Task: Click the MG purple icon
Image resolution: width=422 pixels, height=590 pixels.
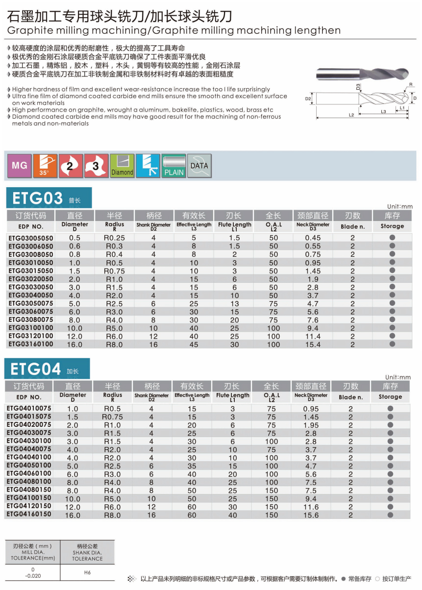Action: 20,166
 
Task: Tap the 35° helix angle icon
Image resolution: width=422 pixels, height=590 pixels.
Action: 45,166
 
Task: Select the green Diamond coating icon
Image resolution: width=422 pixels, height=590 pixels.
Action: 122,166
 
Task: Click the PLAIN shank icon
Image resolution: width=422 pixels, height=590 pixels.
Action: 174,166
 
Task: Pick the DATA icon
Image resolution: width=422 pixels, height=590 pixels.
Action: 199,166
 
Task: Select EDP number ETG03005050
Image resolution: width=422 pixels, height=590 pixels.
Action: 30,238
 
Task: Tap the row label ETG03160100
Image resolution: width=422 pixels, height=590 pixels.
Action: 30,344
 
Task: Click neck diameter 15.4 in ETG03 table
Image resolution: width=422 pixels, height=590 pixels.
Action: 313,344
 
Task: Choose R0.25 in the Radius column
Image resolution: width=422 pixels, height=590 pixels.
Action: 115,238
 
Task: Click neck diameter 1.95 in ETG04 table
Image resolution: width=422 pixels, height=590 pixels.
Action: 311,425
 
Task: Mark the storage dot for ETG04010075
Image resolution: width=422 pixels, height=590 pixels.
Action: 390,409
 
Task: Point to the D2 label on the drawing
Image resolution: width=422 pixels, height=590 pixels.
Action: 308,98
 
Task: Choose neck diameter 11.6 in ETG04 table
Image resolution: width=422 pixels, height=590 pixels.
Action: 311,507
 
